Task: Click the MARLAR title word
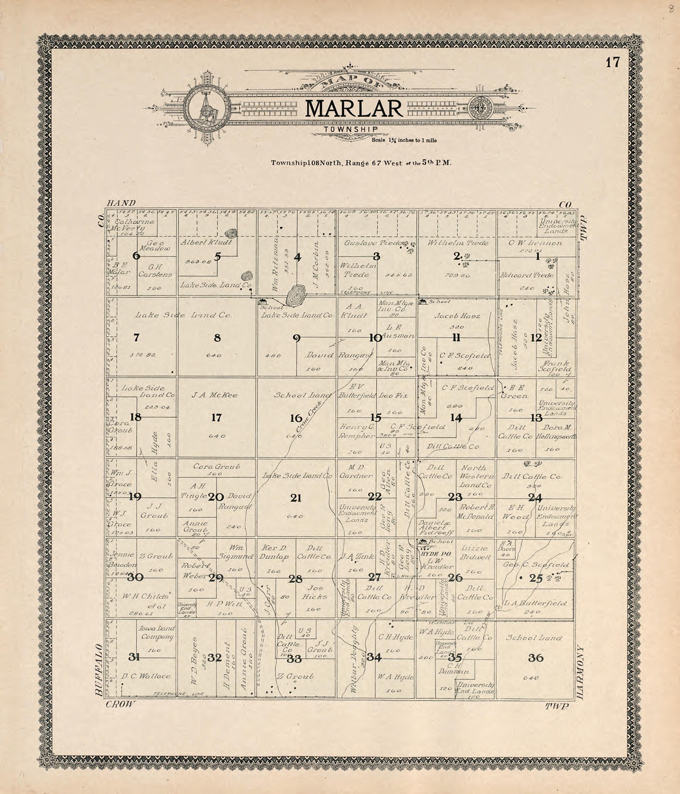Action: (354, 109)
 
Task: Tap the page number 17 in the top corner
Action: (613, 62)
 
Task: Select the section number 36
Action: (535, 658)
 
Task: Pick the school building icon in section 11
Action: (424, 302)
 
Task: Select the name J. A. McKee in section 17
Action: (214, 395)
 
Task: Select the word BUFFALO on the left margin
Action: (99, 669)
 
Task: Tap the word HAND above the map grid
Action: (122, 203)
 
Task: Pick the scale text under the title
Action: (404, 140)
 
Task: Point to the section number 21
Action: (295, 498)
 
